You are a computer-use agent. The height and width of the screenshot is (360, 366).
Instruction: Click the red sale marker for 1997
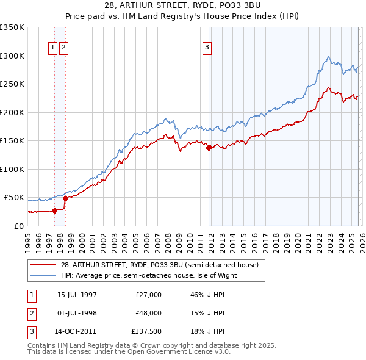pyautogui.click(x=54, y=211)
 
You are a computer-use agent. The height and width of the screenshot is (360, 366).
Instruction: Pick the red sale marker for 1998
pyautogui.click(x=65, y=198)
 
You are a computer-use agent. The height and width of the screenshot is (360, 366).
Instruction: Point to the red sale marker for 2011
pyautogui.click(x=209, y=148)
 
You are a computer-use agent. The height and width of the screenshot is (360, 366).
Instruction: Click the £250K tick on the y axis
pyautogui.click(x=12, y=84)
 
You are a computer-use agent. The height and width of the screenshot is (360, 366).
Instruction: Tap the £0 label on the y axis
pyautogui.click(x=18, y=226)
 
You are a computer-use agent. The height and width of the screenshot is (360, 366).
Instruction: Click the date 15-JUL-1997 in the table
pyautogui.click(x=77, y=295)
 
